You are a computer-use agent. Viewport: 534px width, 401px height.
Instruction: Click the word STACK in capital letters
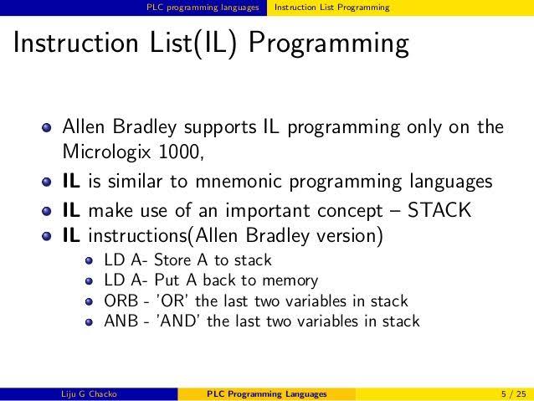(439, 210)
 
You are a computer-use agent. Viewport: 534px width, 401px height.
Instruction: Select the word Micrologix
(106, 152)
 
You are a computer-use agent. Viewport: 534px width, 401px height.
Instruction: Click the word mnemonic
(238, 182)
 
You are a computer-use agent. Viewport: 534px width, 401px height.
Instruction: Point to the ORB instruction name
(121, 301)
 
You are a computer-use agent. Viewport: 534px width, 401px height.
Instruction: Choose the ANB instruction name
(121, 321)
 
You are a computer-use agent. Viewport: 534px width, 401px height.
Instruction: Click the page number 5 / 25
(514, 394)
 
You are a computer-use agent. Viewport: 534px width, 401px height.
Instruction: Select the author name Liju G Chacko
(89, 394)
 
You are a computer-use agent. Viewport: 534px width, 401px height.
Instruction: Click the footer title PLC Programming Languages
(267, 394)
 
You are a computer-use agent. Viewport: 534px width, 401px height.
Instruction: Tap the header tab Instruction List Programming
(331, 8)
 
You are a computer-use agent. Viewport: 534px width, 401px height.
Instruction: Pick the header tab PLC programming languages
(203, 8)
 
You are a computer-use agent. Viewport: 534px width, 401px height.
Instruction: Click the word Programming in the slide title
(329, 44)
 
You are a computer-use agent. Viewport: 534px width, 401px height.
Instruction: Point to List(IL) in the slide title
(193, 44)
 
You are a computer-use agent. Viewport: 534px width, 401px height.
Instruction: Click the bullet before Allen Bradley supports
(47, 128)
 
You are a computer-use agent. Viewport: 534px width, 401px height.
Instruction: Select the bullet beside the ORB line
(90, 301)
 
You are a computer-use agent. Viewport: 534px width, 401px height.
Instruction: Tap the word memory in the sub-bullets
(290, 280)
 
